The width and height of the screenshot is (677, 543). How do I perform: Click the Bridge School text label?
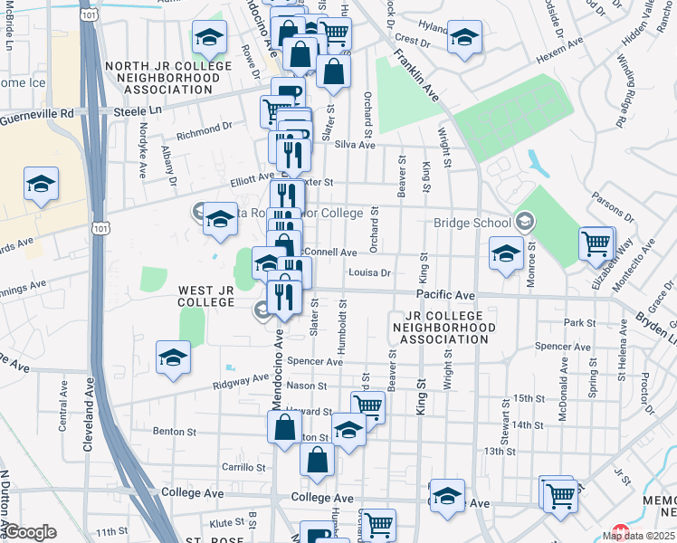click(x=472, y=224)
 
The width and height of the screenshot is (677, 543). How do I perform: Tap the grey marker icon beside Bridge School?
click(x=524, y=222)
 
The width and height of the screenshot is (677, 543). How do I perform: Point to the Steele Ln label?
click(x=137, y=110)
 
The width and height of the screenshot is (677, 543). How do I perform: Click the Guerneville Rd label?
click(x=36, y=116)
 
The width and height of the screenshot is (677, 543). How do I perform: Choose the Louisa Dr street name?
click(x=367, y=271)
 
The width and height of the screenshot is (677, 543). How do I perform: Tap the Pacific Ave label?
click(x=445, y=295)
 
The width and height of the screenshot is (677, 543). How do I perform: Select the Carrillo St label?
click(x=243, y=468)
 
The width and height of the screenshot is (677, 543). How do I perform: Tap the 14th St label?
click(x=526, y=424)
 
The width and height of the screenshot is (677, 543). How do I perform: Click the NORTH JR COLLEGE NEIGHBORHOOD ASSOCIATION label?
click(x=162, y=78)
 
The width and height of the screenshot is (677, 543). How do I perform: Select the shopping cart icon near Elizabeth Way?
click(x=596, y=243)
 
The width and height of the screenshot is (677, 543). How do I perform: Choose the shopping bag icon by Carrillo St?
click(x=318, y=459)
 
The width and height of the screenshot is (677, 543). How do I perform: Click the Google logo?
click(x=29, y=532)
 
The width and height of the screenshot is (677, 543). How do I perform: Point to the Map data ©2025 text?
click(x=638, y=535)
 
